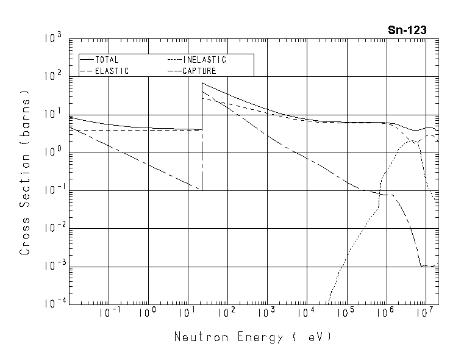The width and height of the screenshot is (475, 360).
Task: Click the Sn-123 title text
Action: pyautogui.click(x=407, y=30)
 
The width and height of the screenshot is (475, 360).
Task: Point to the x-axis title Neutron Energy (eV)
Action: pyautogui.click(x=253, y=337)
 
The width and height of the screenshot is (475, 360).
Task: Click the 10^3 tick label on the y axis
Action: pyautogui.click(x=53, y=39)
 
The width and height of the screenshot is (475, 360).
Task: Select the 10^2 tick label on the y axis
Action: pyautogui.click(x=53, y=77)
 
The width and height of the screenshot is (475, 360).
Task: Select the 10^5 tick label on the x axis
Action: pyautogui.click(x=345, y=314)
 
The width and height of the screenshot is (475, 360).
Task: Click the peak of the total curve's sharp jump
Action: pyautogui.click(x=202, y=83)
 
